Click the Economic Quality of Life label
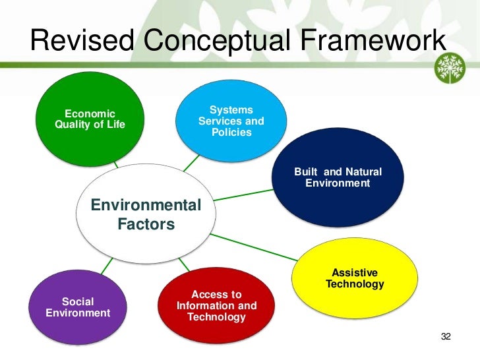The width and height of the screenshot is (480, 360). tap(90, 119)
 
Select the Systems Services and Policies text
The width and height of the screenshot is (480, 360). tap(231, 121)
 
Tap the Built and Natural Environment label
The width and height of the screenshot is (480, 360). tap(338, 177)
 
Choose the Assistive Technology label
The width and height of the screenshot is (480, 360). tap(355, 278)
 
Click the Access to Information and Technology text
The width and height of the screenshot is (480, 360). tap(217, 306)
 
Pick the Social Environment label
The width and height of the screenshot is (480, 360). tap(78, 307)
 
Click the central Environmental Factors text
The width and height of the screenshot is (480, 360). tap(146, 215)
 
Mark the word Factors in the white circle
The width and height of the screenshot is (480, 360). tap(146, 225)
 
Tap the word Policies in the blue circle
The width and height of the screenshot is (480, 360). tap(231, 133)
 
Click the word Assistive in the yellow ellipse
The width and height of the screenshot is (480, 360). tap(355, 273)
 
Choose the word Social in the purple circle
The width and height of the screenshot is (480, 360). tap(78, 302)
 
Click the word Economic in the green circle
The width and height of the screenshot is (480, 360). tap(90, 114)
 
